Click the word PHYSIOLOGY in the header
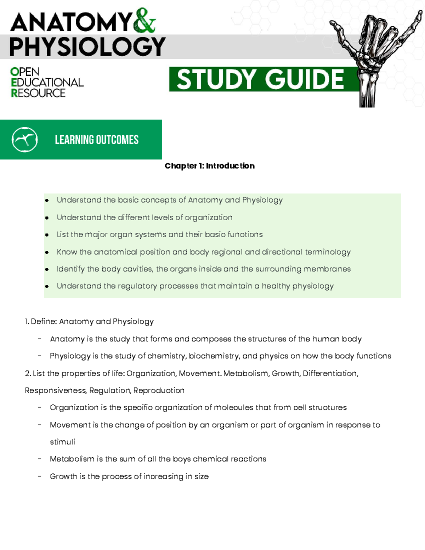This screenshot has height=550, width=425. [87, 47]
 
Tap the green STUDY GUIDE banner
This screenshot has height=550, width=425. [260, 79]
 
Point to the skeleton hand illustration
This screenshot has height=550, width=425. [375, 53]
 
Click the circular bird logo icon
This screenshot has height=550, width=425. [24, 140]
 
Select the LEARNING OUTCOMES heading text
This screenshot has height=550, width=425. [97, 140]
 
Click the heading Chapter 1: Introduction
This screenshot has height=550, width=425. [210, 166]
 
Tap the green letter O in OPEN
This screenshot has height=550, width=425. [15, 72]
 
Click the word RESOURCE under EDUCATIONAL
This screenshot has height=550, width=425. [38, 93]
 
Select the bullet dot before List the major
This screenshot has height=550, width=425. [47, 235]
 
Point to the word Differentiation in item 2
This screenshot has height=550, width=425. [330, 373]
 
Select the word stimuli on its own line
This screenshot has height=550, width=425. [62, 442]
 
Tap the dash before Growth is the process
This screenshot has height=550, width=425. [39, 476]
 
